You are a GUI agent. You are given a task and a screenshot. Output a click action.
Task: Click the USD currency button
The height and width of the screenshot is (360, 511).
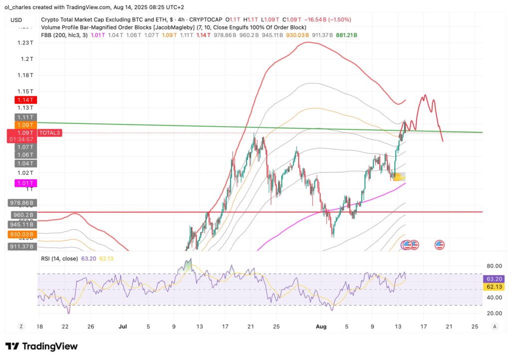pyautogui.click(x=16, y=20)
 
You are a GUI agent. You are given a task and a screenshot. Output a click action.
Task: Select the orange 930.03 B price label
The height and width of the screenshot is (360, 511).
pyautogui.click(x=21, y=234)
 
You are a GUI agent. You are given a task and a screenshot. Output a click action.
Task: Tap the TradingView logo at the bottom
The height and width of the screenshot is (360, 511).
pyautogui.click(x=41, y=346)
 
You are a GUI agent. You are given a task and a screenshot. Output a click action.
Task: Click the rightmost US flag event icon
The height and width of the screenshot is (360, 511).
pyautogui.click(x=440, y=245)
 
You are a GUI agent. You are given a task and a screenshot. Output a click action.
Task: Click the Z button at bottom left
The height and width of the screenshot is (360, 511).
pyautogui.click(x=21, y=326)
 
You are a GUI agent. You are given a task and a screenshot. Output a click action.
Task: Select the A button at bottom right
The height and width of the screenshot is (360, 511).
pyautogui.click(x=494, y=326)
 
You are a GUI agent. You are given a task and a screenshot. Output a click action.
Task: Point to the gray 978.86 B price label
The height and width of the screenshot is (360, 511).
pyautogui.click(x=21, y=203)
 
